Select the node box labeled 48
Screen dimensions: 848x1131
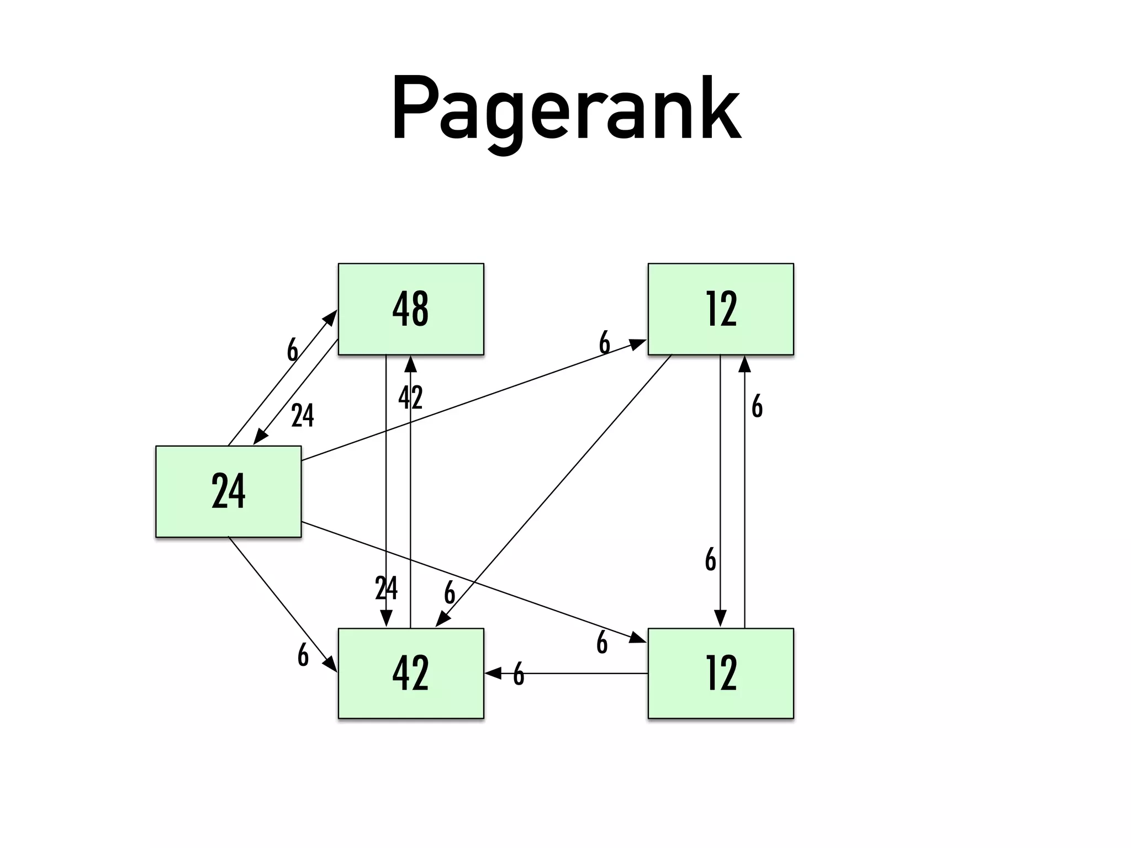[x=411, y=309]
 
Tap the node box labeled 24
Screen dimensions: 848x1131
[x=228, y=491]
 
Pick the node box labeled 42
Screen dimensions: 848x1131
[x=411, y=674]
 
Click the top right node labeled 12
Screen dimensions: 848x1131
[x=721, y=309]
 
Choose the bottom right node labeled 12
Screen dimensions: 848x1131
[x=721, y=674]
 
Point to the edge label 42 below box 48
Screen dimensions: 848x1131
[x=410, y=397]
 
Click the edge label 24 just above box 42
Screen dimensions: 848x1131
[x=386, y=588]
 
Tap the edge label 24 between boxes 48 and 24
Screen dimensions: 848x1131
[x=303, y=416]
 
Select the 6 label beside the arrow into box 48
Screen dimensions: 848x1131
[x=292, y=350]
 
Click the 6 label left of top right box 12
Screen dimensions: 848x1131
[x=605, y=343]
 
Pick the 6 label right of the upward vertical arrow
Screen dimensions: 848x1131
[x=757, y=407]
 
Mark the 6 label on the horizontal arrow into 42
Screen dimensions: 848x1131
[x=518, y=674]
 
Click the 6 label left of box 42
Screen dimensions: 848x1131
[x=303, y=655]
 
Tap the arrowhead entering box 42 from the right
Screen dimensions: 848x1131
[x=493, y=674]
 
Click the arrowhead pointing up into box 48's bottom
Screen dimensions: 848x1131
[x=410, y=364]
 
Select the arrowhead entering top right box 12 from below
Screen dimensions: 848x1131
[x=744, y=364]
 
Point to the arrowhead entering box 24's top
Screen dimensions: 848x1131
[x=260, y=437]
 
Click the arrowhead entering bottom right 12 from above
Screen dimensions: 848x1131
[x=720, y=618]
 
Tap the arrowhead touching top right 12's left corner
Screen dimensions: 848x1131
[x=638, y=344]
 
